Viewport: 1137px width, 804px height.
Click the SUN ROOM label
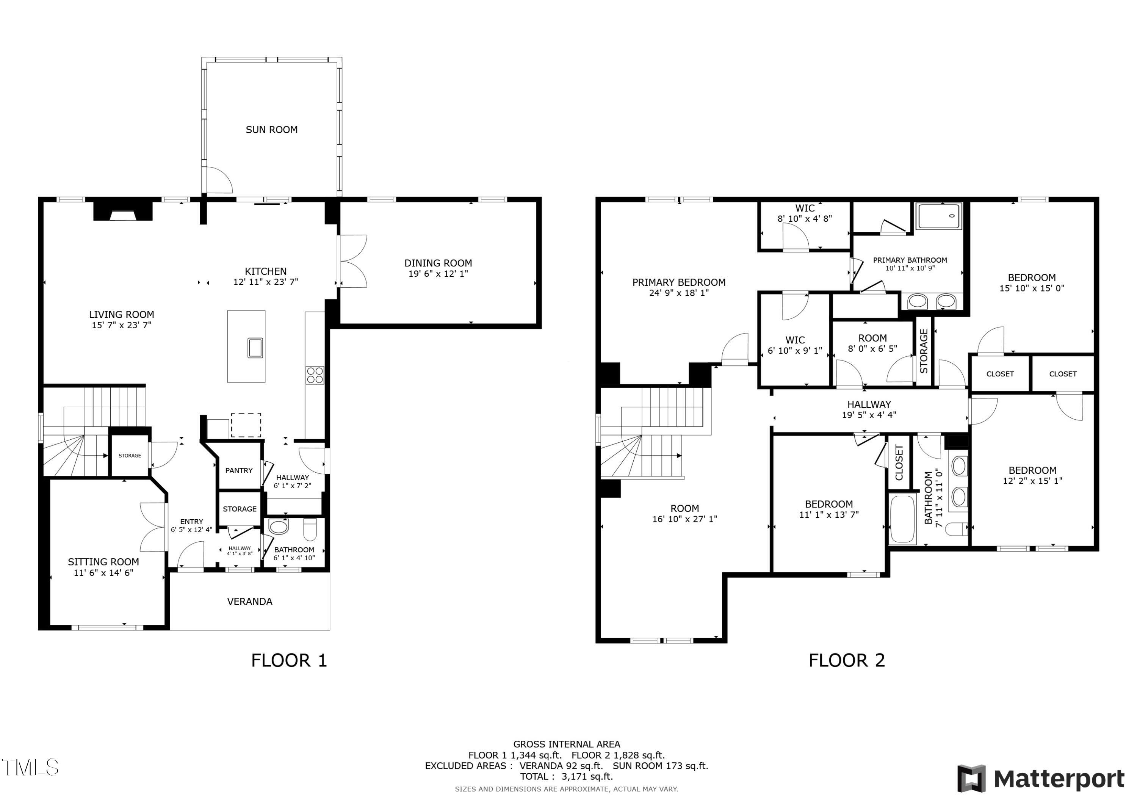click(271, 130)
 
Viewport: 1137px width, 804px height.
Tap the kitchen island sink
click(255, 348)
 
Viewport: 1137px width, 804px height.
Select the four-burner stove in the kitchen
click(315, 375)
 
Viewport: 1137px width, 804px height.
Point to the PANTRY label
click(239, 470)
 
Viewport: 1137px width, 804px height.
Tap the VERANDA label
click(250, 602)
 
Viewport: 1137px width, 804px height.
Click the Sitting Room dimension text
click(103, 573)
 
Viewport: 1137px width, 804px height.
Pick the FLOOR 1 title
click(289, 660)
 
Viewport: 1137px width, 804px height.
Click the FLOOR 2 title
click(846, 660)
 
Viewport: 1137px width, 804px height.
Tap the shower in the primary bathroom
click(938, 216)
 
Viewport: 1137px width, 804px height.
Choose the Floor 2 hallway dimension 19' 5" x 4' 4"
click(869, 415)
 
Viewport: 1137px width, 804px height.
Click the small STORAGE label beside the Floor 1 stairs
click(130, 456)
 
